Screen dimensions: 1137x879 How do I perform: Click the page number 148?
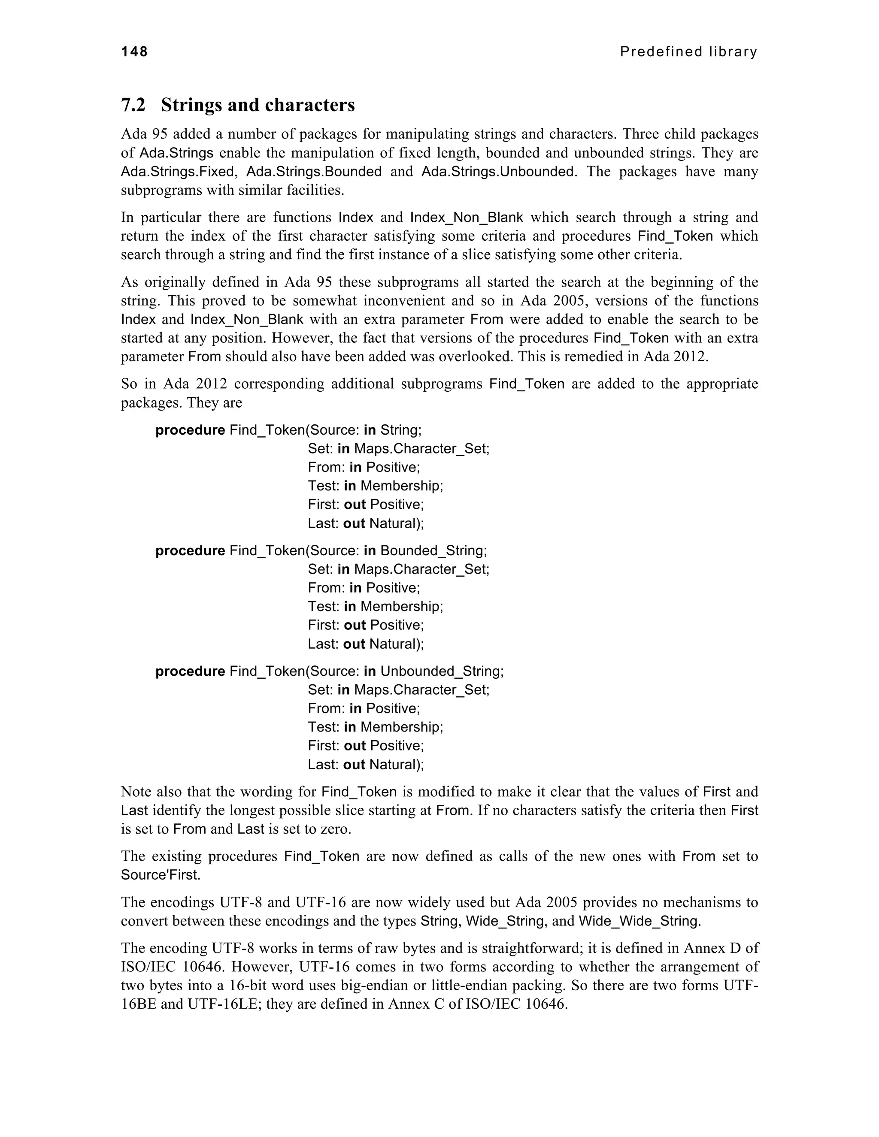pos(134,51)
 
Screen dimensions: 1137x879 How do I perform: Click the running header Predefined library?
pos(688,51)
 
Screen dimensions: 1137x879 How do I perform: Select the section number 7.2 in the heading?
pos(133,105)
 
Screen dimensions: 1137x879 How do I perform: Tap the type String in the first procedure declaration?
pos(400,430)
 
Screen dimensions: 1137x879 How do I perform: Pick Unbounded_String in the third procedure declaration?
pos(441,671)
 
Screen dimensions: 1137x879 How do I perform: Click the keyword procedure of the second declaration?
pos(190,550)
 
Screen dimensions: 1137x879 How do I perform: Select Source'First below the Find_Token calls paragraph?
pos(161,875)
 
